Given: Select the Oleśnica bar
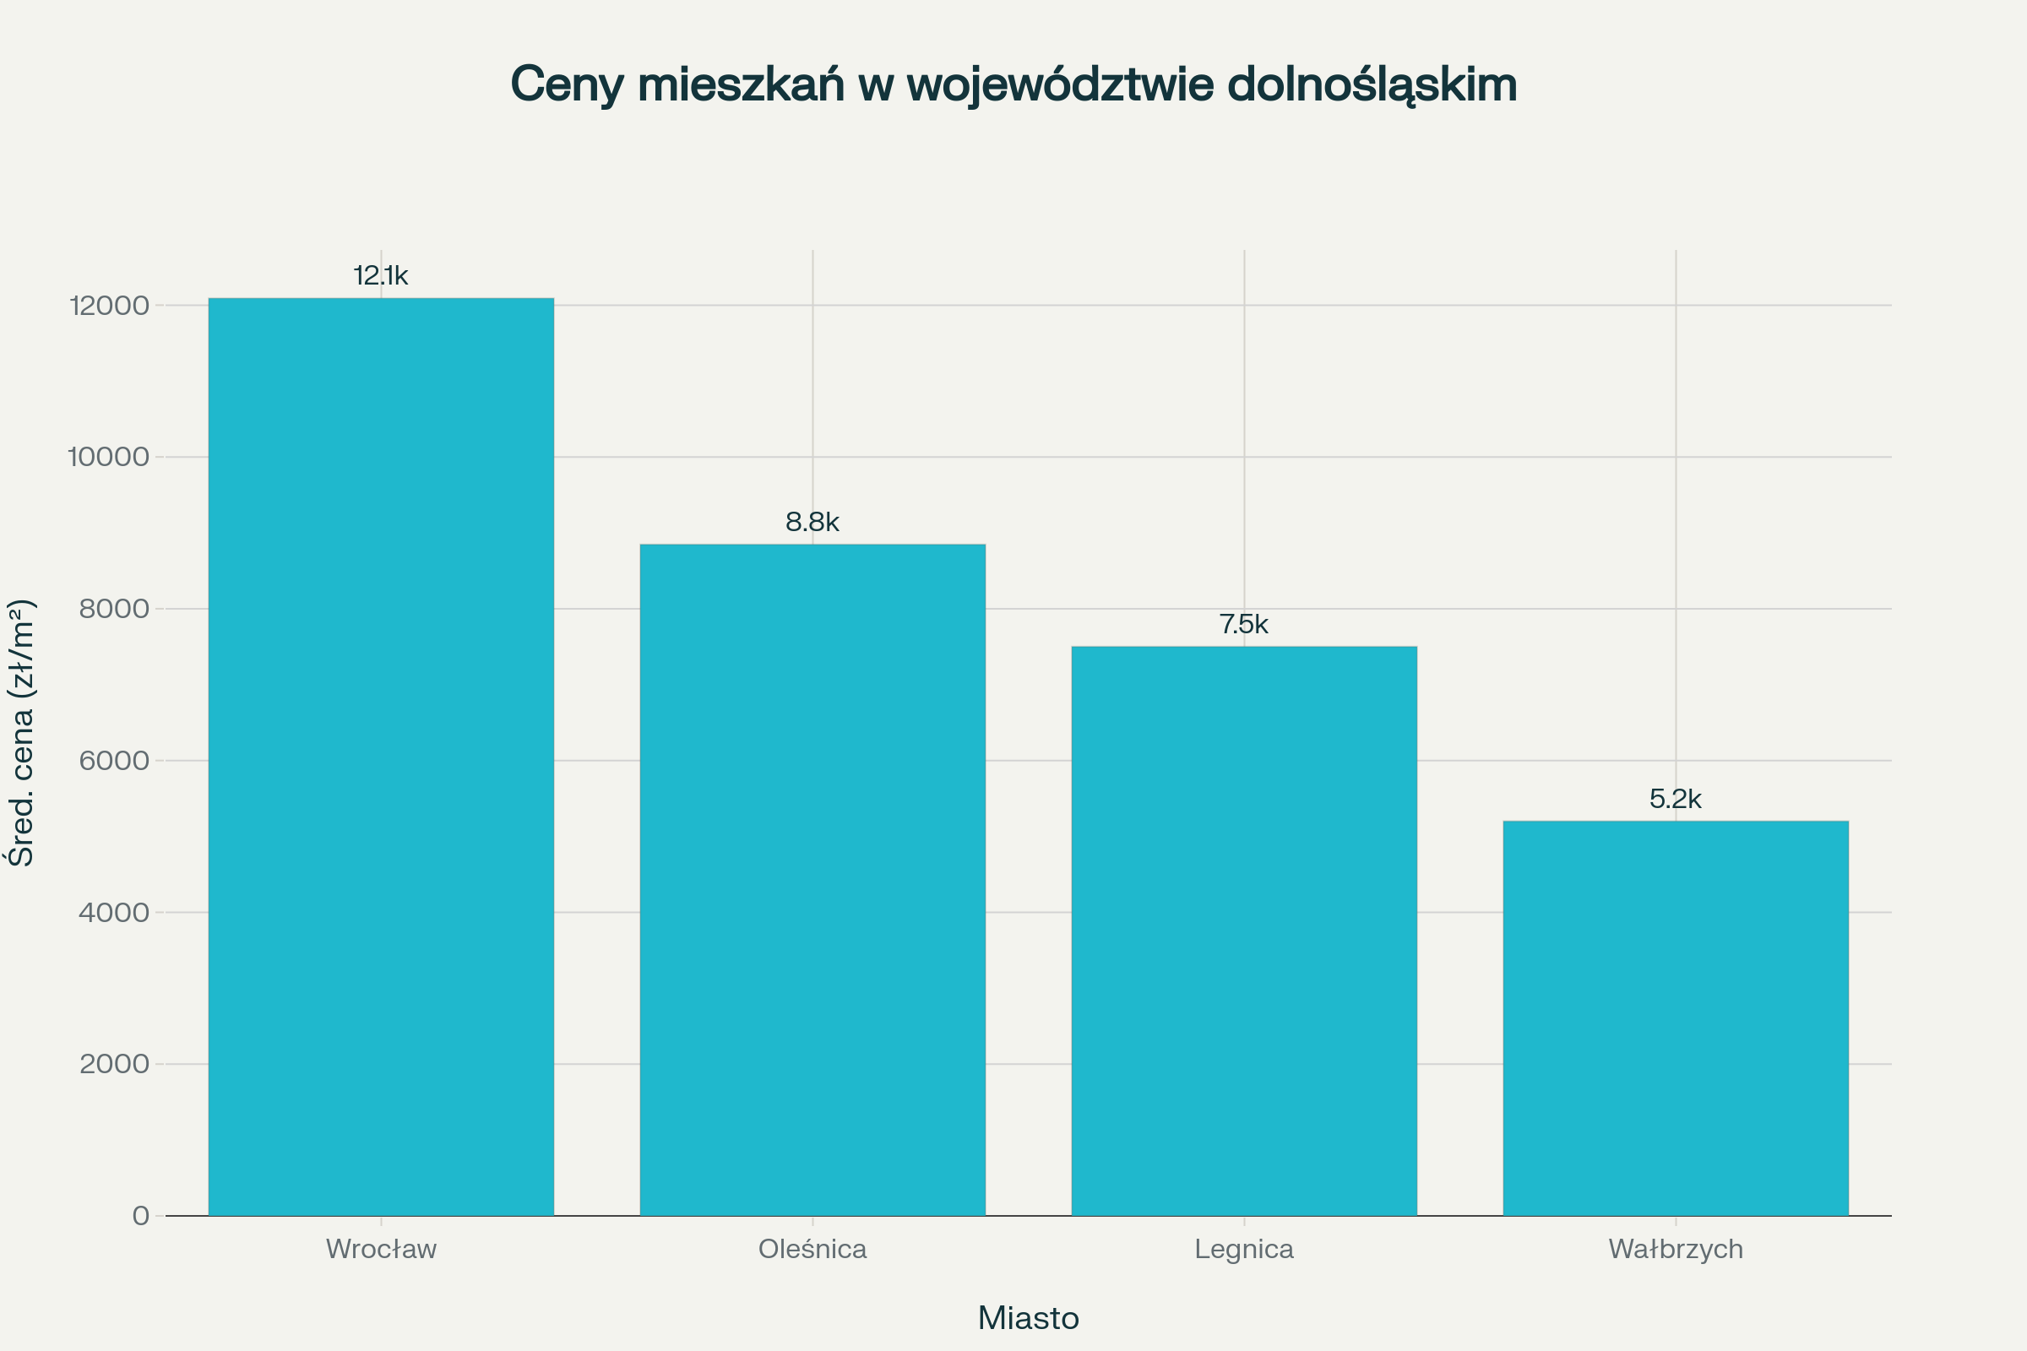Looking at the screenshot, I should click(812, 879).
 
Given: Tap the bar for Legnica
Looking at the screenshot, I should click(1243, 931).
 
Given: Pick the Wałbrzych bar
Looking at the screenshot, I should click(1676, 1017).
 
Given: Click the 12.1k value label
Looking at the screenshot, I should click(381, 276).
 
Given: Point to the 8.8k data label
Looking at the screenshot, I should click(812, 522).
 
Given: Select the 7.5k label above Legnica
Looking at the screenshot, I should click(1243, 624).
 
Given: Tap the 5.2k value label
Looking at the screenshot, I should click(1676, 799).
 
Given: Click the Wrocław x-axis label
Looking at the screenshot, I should click(381, 1250).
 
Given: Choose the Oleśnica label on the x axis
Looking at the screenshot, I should click(812, 1250).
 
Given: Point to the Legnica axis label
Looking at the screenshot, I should click(1243, 1250).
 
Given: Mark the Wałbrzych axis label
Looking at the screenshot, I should click(1676, 1250).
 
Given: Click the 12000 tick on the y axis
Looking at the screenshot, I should click(110, 306).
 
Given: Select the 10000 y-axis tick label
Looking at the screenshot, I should click(109, 458).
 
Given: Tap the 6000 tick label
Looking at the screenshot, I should click(114, 761).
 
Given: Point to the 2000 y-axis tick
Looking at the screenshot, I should click(114, 1064).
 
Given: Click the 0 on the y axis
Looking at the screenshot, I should click(140, 1216).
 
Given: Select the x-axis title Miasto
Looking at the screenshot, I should click(1028, 1318).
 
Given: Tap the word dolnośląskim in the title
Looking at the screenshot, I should click(1371, 85).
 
